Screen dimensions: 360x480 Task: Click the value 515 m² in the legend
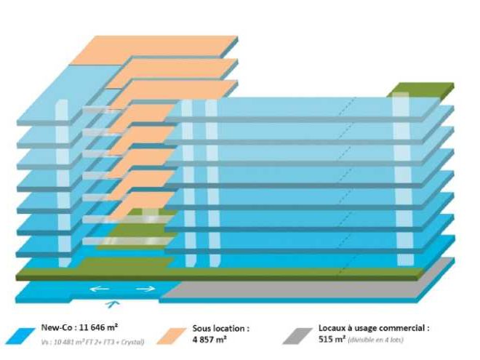coord(332,340)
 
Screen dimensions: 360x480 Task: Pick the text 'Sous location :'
coord(221,329)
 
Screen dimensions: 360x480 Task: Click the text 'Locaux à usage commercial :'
coord(374,329)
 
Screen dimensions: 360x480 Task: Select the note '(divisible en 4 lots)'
coord(377,340)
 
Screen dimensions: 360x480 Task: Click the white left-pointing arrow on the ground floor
coord(98,289)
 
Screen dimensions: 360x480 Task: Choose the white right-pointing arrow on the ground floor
coord(145,289)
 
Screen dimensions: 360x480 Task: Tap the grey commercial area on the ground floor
coord(305,289)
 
